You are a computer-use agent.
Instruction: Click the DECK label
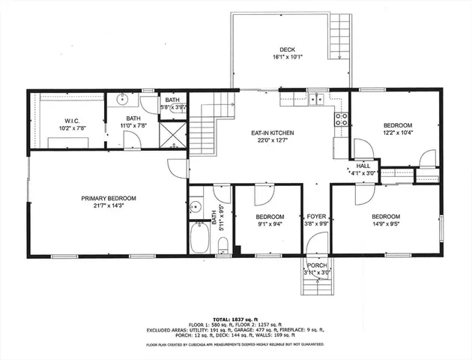click(x=288, y=49)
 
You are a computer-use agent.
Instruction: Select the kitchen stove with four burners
click(x=341, y=118)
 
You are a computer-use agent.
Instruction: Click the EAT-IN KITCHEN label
click(x=272, y=133)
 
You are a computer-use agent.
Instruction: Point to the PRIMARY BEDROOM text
click(x=109, y=198)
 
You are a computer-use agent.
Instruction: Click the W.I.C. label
click(x=72, y=120)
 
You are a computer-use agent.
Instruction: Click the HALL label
click(x=363, y=166)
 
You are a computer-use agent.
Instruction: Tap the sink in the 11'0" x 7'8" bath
click(x=124, y=99)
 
